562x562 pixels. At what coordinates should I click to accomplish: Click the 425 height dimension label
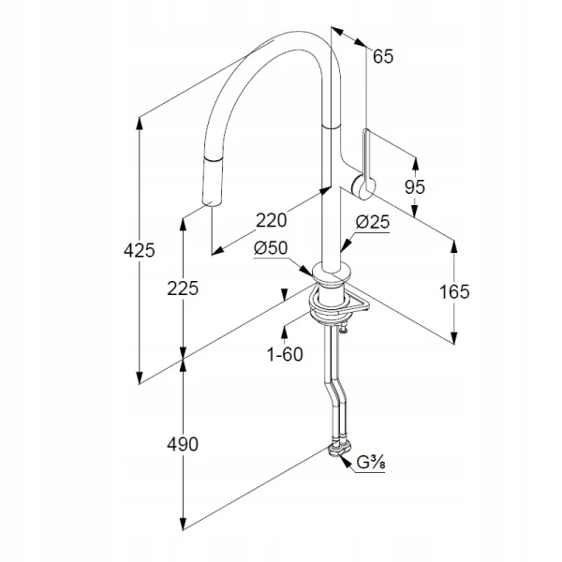[139, 250]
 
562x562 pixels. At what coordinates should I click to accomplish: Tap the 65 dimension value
[383, 56]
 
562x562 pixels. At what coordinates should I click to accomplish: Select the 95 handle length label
[415, 186]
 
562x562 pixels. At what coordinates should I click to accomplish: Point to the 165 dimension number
[454, 291]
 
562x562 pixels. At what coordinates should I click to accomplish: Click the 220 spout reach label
[272, 220]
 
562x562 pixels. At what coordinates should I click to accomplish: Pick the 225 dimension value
[183, 288]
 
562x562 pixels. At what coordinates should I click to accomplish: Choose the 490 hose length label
[183, 444]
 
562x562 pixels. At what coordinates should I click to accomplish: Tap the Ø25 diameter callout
[373, 222]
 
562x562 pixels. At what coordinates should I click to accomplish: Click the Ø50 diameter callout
[271, 247]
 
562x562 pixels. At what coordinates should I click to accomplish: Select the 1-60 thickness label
[285, 354]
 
